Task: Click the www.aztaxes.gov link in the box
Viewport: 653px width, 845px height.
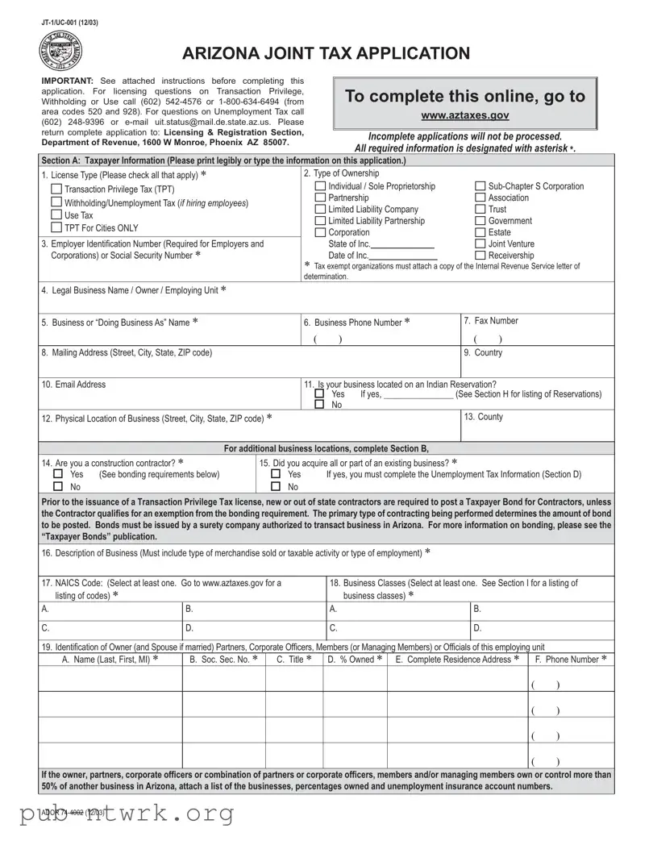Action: coord(465,117)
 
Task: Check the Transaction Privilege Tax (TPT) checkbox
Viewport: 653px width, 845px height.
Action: coord(56,189)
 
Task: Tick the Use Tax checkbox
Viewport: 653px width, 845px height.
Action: coord(56,215)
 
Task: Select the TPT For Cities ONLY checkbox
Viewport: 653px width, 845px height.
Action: coord(56,228)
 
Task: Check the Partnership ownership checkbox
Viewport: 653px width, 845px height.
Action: coord(320,198)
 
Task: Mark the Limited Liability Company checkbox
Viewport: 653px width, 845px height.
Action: coord(320,210)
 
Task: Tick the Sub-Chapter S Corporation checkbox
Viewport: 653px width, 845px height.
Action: coord(480,186)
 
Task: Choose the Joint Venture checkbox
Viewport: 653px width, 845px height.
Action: coord(480,244)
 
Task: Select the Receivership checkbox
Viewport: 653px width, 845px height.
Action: coord(480,256)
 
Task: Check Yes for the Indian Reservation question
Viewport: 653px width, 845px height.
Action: coord(319,394)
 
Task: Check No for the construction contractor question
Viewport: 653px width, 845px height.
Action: coord(57,487)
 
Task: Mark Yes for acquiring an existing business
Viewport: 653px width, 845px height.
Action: coord(275,475)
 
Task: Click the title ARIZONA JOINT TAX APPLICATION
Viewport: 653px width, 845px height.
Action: coord(326,54)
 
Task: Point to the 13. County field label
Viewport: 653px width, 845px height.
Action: coord(484,417)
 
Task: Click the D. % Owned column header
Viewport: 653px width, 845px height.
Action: coord(355,660)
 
